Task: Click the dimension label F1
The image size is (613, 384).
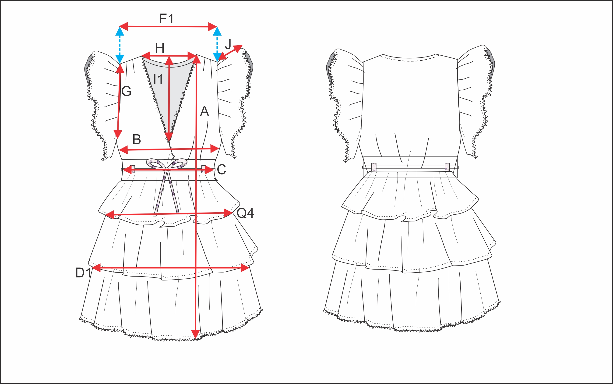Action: [x=166, y=18]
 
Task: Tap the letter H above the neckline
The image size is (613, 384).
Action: [x=160, y=48]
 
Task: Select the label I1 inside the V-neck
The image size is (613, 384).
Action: [x=158, y=79]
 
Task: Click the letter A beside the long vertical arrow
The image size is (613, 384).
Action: [x=204, y=111]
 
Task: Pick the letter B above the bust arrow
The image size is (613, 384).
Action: [x=137, y=139]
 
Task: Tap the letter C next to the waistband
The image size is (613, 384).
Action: [x=221, y=169]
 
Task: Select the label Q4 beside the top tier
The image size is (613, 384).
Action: [x=245, y=213]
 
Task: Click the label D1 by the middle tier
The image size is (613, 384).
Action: [x=83, y=273]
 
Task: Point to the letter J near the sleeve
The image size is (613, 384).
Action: [x=228, y=44]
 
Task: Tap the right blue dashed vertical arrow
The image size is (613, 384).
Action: [x=217, y=44]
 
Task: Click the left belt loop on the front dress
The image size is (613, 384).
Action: [x=133, y=169]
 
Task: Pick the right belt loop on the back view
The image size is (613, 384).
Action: [x=447, y=167]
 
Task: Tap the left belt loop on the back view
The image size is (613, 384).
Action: [x=374, y=167]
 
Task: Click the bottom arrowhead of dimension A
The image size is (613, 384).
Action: [x=195, y=335]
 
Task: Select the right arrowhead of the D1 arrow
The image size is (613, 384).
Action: [x=245, y=268]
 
